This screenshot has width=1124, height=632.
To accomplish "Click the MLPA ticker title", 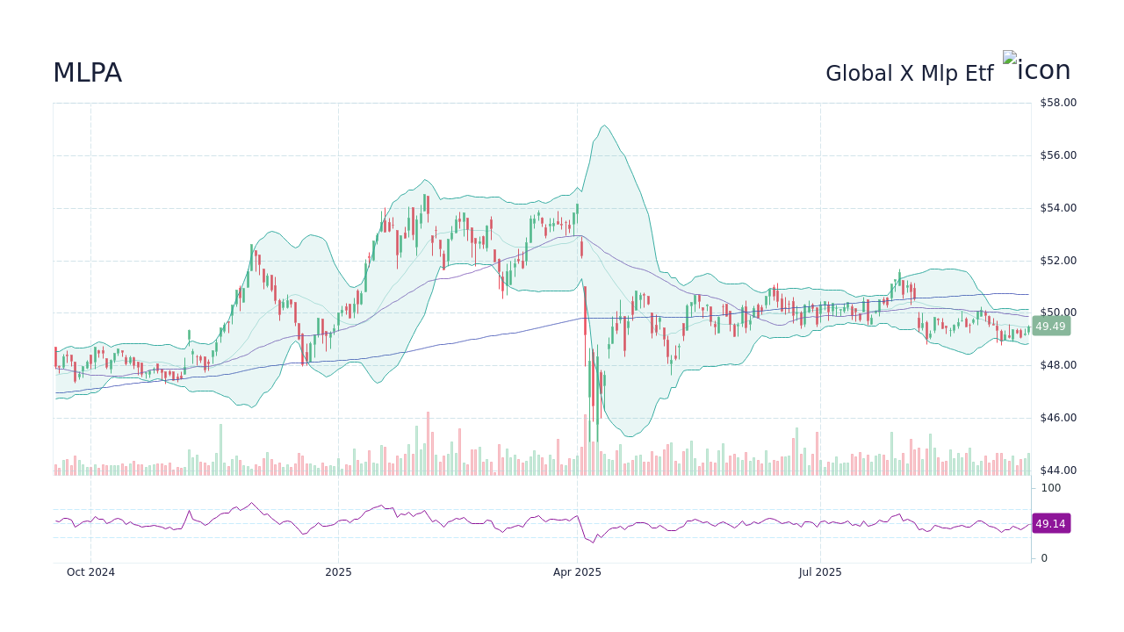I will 87,73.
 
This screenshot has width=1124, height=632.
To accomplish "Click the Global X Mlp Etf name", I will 909,74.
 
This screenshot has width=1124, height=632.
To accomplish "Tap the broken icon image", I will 1036,70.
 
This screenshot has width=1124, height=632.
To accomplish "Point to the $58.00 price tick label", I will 1057,103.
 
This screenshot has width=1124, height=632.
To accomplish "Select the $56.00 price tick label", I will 1057,155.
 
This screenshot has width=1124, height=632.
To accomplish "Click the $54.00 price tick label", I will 1057,208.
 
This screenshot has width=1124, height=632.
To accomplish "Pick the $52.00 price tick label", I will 1057,261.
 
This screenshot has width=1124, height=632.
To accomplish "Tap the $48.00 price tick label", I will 1057,365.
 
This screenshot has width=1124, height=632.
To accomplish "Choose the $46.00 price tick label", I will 1057,418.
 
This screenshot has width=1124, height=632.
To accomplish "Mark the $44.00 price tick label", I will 1057,470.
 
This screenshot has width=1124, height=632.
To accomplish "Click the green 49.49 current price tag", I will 1050,327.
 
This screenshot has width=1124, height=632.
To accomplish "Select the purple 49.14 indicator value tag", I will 1050,524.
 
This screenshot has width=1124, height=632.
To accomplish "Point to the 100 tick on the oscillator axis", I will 1050,488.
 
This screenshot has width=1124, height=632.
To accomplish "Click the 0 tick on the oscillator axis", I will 1044,558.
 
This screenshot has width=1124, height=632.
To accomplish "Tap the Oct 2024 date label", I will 90,572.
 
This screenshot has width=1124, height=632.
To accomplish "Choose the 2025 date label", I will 338,572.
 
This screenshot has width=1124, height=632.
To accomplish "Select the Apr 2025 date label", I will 577,572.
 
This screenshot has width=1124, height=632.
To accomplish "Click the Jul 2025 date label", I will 820,572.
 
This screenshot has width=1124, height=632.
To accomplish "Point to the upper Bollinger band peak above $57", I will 603,126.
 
